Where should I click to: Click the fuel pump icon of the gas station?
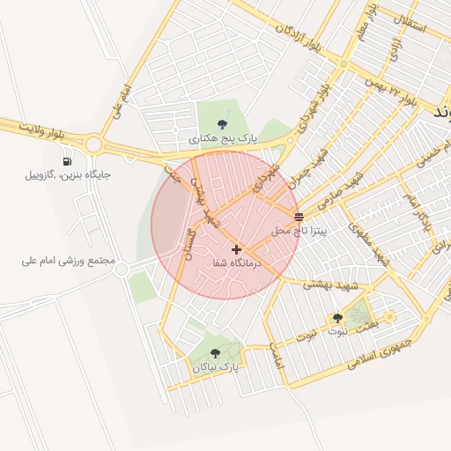click(68, 161)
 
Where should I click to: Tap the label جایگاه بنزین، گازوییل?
click(68, 175)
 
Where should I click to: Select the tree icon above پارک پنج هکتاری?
click(222, 125)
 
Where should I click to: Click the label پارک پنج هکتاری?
click(222, 139)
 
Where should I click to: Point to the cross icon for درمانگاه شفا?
click(236, 249)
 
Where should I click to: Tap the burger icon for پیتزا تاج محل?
click(299, 216)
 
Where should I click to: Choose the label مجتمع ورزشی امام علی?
click(69, 262)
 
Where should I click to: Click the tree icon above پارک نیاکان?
click(216, 352)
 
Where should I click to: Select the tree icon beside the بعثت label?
click(337, 318)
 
